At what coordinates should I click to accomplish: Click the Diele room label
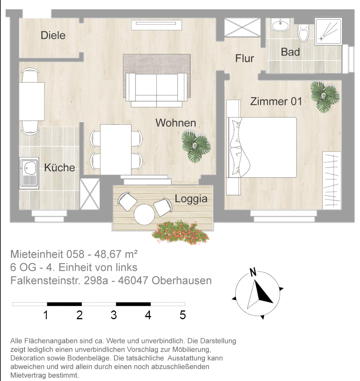53,35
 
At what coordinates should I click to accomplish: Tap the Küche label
60,167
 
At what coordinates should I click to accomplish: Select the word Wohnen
176,123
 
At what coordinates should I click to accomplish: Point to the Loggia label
191,199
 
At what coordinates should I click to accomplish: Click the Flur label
244,59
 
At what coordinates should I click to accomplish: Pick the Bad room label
290,52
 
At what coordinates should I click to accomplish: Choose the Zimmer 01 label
276,101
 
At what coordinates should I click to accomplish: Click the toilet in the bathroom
303,33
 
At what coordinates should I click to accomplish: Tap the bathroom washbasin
281,25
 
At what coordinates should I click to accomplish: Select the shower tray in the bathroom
328,31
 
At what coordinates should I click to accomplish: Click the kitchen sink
29,173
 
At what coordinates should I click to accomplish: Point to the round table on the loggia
144,215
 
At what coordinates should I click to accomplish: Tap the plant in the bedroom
325,97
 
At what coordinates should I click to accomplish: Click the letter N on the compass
253,272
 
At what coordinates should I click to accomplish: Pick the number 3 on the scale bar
114,315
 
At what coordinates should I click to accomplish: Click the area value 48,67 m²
116,254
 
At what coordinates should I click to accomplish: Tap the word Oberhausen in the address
182,281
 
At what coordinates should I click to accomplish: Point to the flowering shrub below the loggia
180,232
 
